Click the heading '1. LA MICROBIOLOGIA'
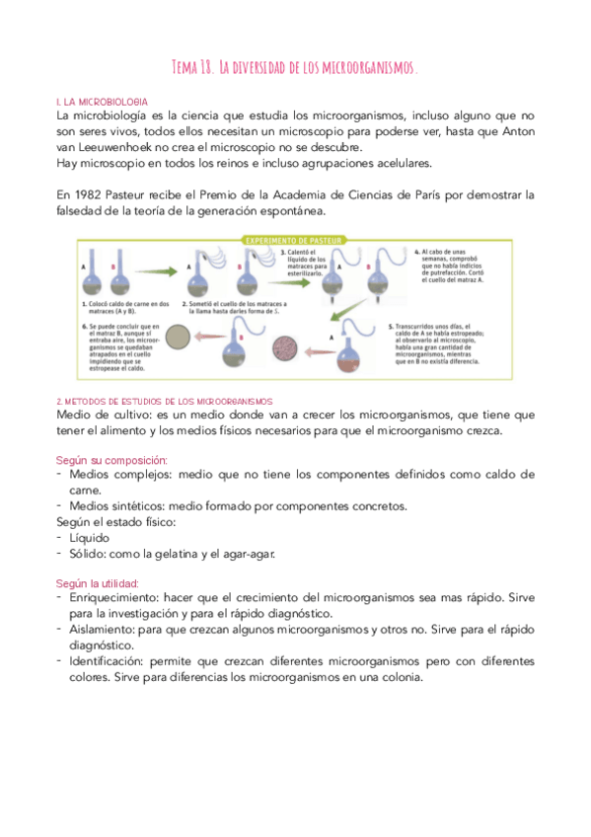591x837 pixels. click(103, 102)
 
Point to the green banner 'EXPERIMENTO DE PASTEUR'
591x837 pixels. click(296, 240)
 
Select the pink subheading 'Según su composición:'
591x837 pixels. click(111, 460)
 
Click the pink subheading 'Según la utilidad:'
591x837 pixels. click(99, 583)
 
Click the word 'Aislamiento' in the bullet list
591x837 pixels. click(106, 629)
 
